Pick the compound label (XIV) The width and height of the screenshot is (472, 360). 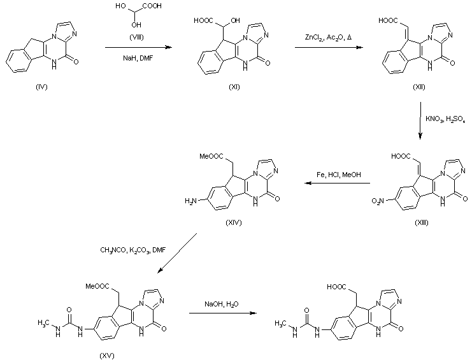pos(236,225)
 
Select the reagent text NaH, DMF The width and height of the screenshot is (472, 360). pos(137,57)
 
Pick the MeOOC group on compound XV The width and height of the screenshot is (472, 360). pos(92,278)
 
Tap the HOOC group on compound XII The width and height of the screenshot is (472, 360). pos(389,21)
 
